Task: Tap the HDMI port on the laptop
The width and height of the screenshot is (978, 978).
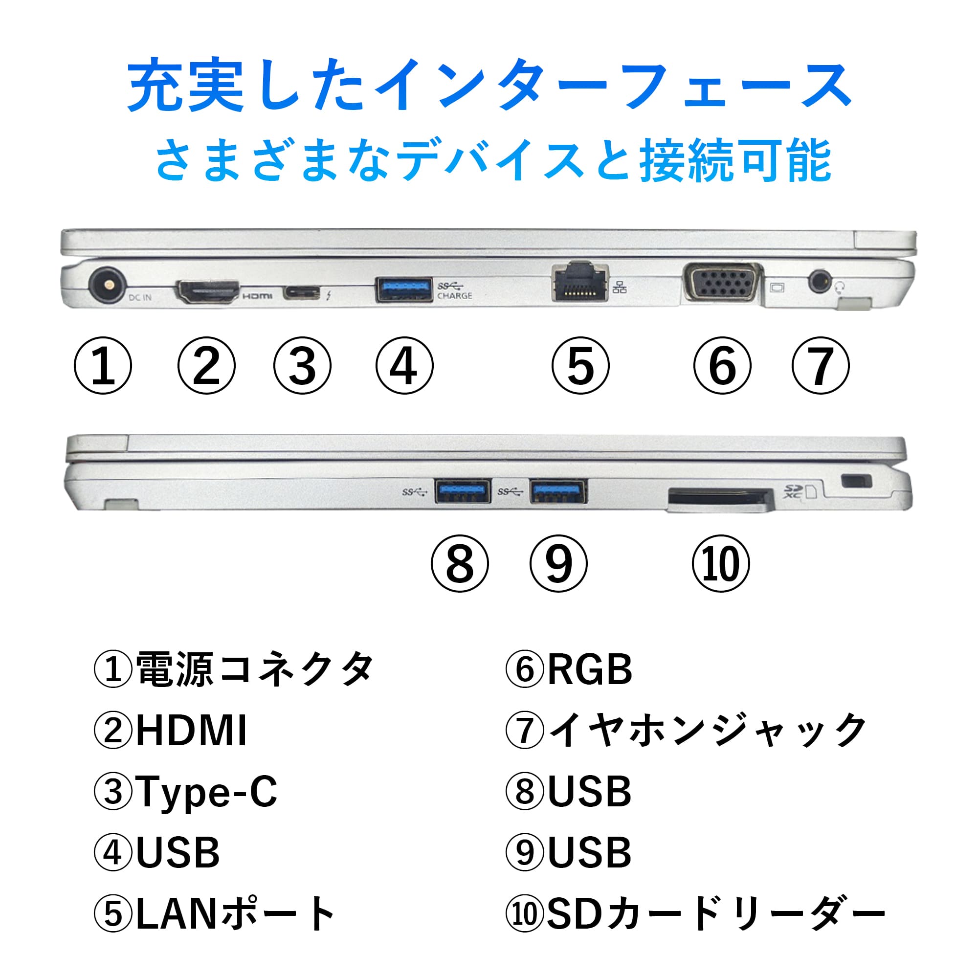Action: (207, 292)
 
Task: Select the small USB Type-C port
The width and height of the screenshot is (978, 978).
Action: (302, 292)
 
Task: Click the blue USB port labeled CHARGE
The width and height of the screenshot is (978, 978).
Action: (404, 289)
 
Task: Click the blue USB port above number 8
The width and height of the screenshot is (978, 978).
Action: (463, 490)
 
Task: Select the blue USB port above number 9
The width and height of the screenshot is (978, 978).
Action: (558, 490)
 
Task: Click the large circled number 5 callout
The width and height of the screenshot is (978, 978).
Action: (580, 366)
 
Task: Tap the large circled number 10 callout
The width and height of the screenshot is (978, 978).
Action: (720, 564)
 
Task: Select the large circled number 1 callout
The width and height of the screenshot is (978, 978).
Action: (103, 366)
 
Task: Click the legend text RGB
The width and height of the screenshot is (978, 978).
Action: (590, 670)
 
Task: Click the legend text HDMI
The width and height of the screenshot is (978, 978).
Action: (191, 731)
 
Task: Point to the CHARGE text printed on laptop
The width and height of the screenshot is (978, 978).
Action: (455, 296)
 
